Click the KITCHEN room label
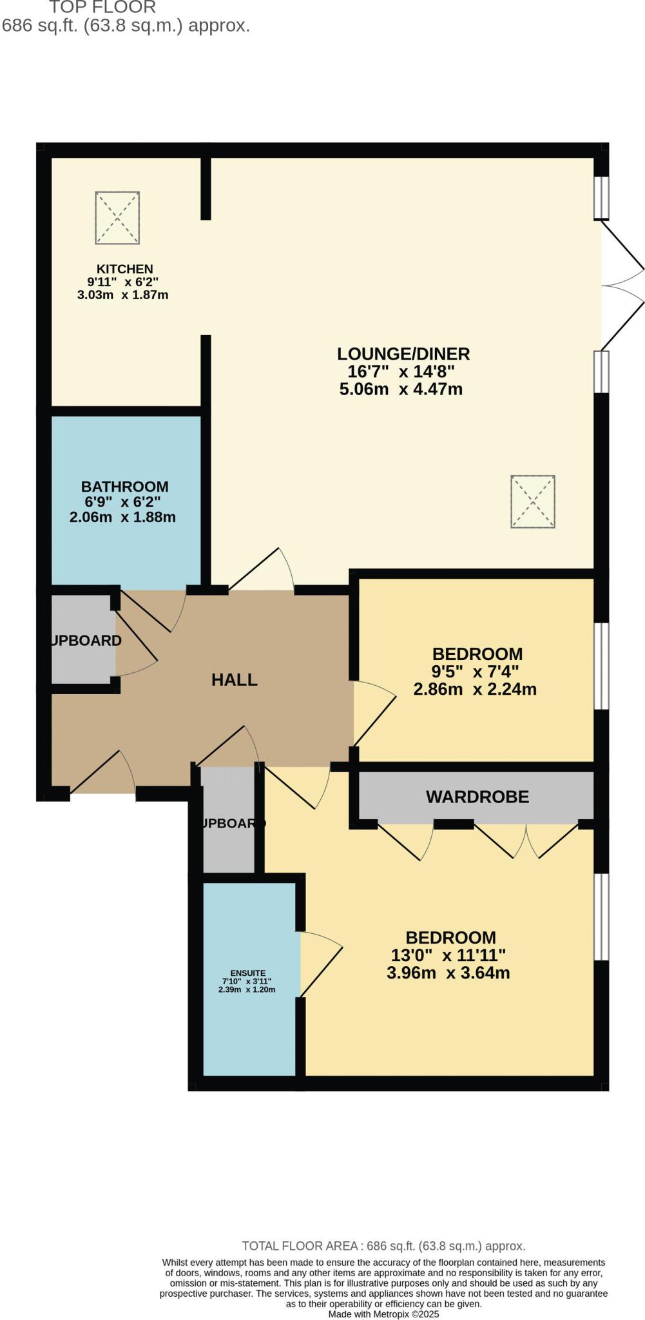pyautogui.click(x=124, y=269)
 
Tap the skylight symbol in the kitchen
pyautogui.click(x=117, y=218)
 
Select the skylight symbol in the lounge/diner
pyautogui.click(x=533, y=502)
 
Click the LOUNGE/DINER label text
pyautogui.click(x=403, y=354)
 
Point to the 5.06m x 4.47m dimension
pyautogui.click(x=401, y=389)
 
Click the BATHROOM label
pyautogui.click(x=124, y=487)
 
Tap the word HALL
pyautogui.click(x=235, y=679)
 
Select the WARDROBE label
pyautogui.click(x=477, y=797)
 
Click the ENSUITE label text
pyautogui.click(x=247, y=973)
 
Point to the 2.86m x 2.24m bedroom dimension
pyautogui.click(x=475, y=689)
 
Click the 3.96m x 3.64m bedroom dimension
pyautogui.click(x=448, y=973)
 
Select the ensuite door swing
pyautogui.click(x=320, y=964)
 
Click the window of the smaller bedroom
pyautogui.click(x=601, y=666)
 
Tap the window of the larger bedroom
pyautogui.click(x=601, y=917)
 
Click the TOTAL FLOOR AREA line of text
pyautogui.click(x=383, y=1246)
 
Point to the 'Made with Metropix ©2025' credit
pyautogui.click(x=383, y=1314)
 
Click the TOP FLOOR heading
pyautogui.click(x=102, y=8)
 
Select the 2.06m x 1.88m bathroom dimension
pyautogui.click(x=122, y=517)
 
